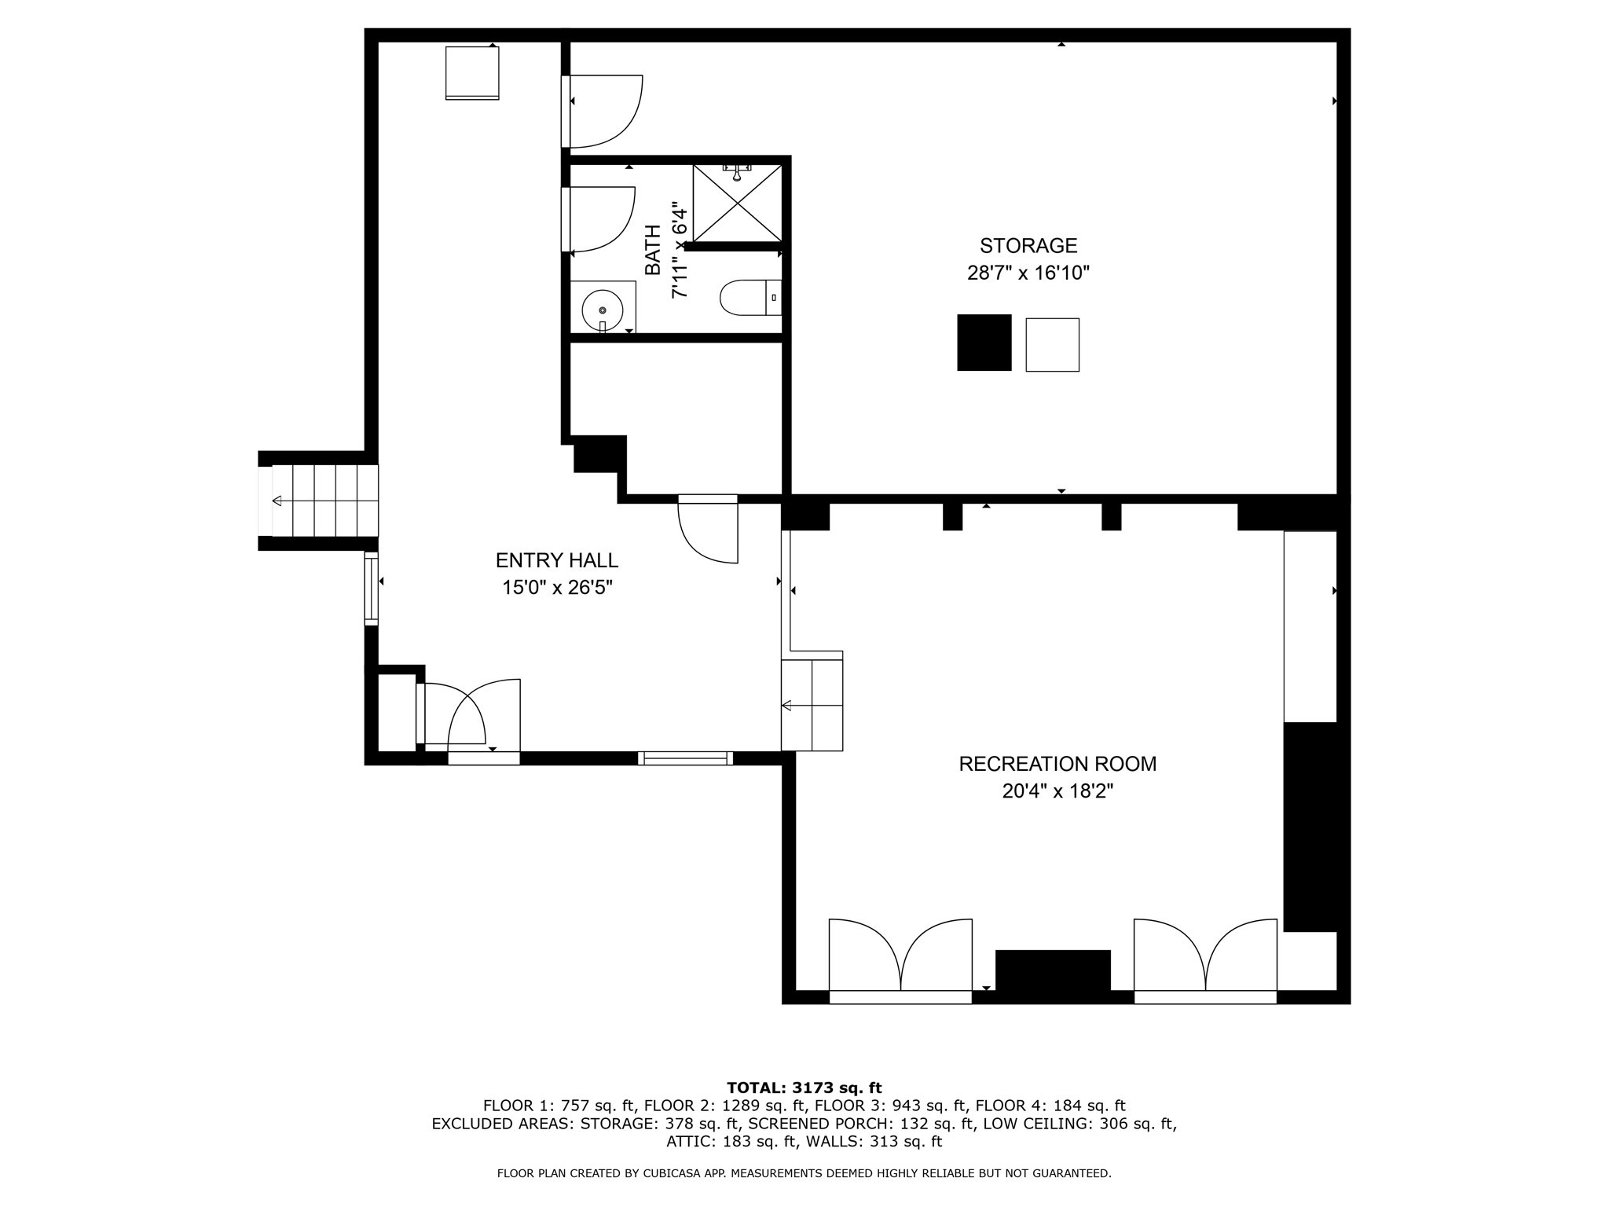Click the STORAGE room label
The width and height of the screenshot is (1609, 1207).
click(x=1028, y=246)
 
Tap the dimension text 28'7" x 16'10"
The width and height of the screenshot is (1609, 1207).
click(x=1028, y=273)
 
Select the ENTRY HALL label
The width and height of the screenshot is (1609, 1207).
click(x=556, y=560)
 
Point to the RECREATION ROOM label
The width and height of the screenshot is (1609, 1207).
click(x=1057, y=764)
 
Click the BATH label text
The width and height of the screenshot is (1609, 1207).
click(x=653, y=250)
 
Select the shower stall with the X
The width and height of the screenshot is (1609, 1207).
click(x=738, y=204)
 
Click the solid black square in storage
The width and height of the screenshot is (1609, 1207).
click(x=984, y=343)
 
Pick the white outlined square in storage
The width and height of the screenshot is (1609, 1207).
click(x=1052, y=345)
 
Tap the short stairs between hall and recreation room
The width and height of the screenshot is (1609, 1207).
click(x=812, y=705)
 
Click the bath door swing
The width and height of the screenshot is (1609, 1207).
click(x=601, y=219)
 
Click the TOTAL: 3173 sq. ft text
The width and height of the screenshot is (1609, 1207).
click(x=804, y=1088)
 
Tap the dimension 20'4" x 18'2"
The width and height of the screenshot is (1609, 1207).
click(x=1057, y=791)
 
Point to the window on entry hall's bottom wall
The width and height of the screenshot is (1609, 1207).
click(x=685, y=758)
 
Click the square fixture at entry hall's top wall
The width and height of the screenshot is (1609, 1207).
click(x=472, y=72)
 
